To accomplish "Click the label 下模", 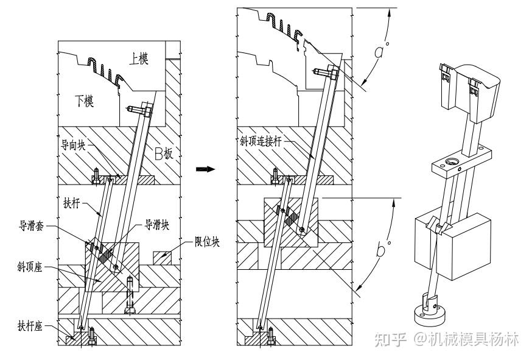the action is (x=85, y=101).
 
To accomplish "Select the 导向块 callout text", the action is (x=73, y=146).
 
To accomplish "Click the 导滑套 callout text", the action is (x=31, y=225).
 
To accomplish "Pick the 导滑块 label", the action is (x=157, y=225).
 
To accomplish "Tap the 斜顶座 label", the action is (x=30, y=267).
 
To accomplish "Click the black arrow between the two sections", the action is (x=206, y=169).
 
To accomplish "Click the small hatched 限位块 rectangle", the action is (x=163, y=258).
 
